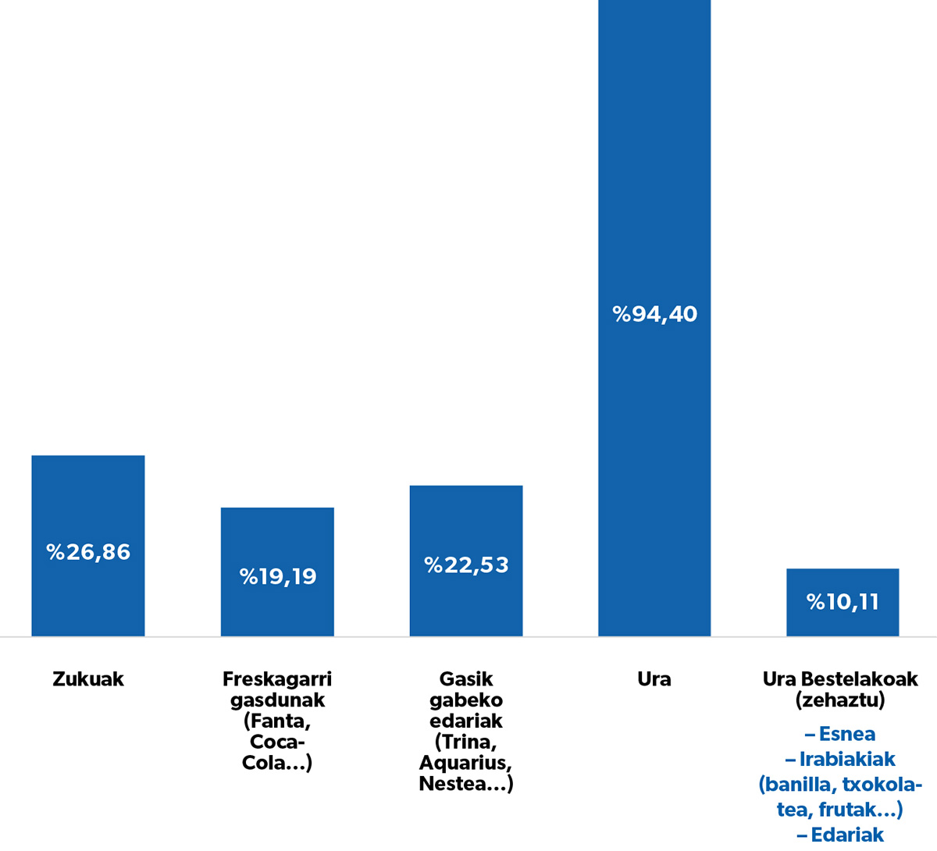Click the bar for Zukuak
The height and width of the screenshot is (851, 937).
(x=88, y=546)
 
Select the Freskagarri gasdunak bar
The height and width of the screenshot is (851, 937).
(x=277, y=571)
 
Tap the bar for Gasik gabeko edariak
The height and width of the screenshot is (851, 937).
(x=466, y=561)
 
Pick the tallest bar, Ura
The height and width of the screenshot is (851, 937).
(x=654, y=318)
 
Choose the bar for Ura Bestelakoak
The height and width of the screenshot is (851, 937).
(x=843, y=602)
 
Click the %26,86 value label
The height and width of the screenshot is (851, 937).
(x=88, y=552)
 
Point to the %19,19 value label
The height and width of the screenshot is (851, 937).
(x=278, y=576)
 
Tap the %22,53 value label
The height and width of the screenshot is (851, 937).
(x=466, y=565)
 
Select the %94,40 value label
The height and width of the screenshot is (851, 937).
(x=655, y=314)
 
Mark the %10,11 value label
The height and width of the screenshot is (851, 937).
(x=843, y=602)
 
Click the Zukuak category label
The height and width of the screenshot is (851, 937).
(x=88, y=679)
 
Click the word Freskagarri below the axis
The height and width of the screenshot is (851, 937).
(x=277, y=679)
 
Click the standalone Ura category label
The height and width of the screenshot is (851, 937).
(x=654, y=679)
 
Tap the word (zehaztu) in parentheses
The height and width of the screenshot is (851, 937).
(x=840, y=700)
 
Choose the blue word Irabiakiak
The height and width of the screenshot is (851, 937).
(x=847, y=760)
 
